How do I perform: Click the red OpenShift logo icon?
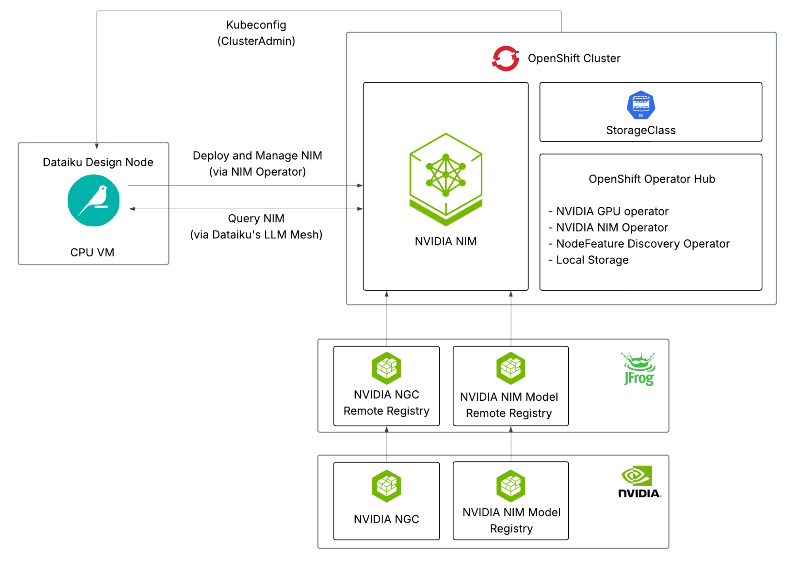click(x=505, y=59)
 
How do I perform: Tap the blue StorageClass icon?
click(x=641, y=105)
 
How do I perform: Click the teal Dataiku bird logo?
click(x=93, y=201)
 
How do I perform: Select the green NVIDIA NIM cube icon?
click(x=446, y=179)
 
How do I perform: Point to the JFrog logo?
click(x=638, y=369)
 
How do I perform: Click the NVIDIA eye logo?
click(x=638, y=481)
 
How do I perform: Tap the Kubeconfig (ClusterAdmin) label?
click(x=256, y=33)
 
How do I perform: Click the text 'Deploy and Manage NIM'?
click(x=257, y=156)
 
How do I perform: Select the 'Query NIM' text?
click(x=256, y=219)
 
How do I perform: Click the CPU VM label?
click(x=92, y=253)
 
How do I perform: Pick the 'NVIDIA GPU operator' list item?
click(x=612, y=211)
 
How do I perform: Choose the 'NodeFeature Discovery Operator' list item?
click(x=642, y=244)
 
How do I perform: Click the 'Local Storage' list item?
click(x=592, y=260)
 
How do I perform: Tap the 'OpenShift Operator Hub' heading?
click(x=652, y=179)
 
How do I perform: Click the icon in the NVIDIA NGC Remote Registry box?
click(x=386, y=368)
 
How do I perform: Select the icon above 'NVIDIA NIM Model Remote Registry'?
click(x=510, y=368)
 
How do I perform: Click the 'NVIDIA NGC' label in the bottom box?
click(x=386, y=519)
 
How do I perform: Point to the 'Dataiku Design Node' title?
click(x=98, y=162)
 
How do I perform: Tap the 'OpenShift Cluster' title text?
click(x=574, y=59)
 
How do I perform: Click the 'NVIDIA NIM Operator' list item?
click(x=612, y=228)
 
